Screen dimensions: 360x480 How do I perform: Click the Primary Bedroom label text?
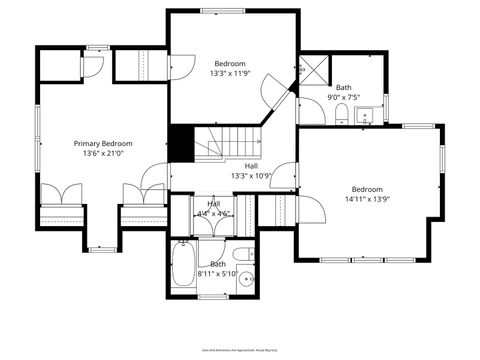pyautogui.click(x=102, y=144)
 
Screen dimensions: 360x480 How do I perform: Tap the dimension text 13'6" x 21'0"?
pyautogui.click(x=102, y=155)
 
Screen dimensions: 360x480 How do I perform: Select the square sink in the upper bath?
pyautogui.click(x=365, y=118)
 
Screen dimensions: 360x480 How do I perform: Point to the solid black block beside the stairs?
pyautogui.click(x=180, y=142)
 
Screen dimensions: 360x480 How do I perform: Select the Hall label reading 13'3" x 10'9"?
pyautogui.click(x=251, y=176)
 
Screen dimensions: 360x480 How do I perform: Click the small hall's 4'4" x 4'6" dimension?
pyautogui.click(x=214, y=213)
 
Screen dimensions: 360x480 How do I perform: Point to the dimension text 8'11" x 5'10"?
pyautogui.click(x=218, y=274)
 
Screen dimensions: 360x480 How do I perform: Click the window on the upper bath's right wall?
pyautogui.click(x=386, y=106)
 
